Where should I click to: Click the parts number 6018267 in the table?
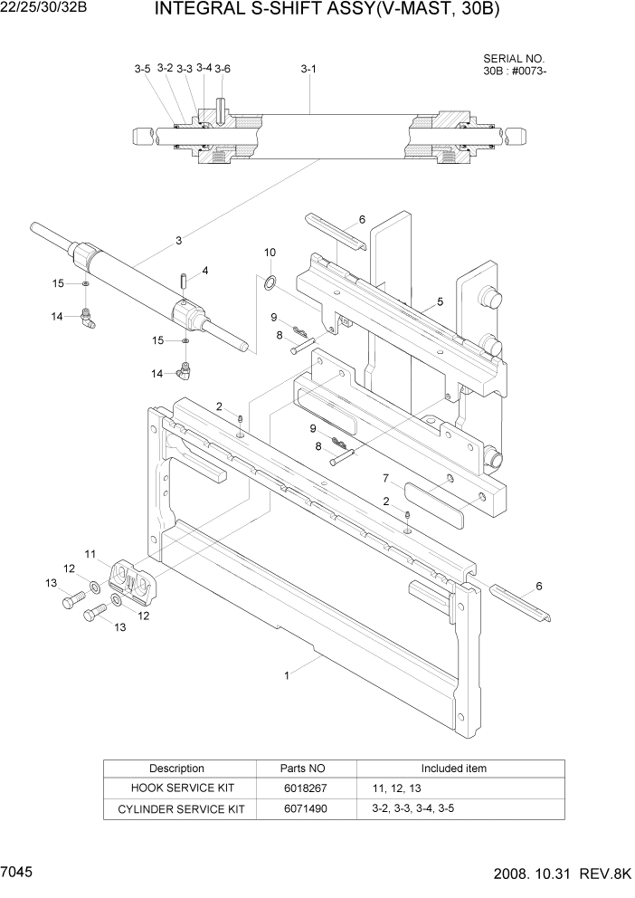[x=303, y=788]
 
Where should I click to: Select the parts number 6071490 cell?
[x=303, y=808]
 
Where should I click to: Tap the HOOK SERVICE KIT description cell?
[x=176, y=788]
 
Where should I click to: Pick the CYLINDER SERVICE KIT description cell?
[x=176, y=808]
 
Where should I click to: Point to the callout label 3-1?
[x=308, y=69]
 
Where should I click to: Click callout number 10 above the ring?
[x=270, y=252]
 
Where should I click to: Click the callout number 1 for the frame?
[x=287, y=674]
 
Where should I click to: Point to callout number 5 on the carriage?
[x=440, y=301]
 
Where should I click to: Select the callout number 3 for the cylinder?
[x=179, y=240]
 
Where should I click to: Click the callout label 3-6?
[x=223, y=69]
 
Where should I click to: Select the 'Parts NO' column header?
[x=303, y=769]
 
